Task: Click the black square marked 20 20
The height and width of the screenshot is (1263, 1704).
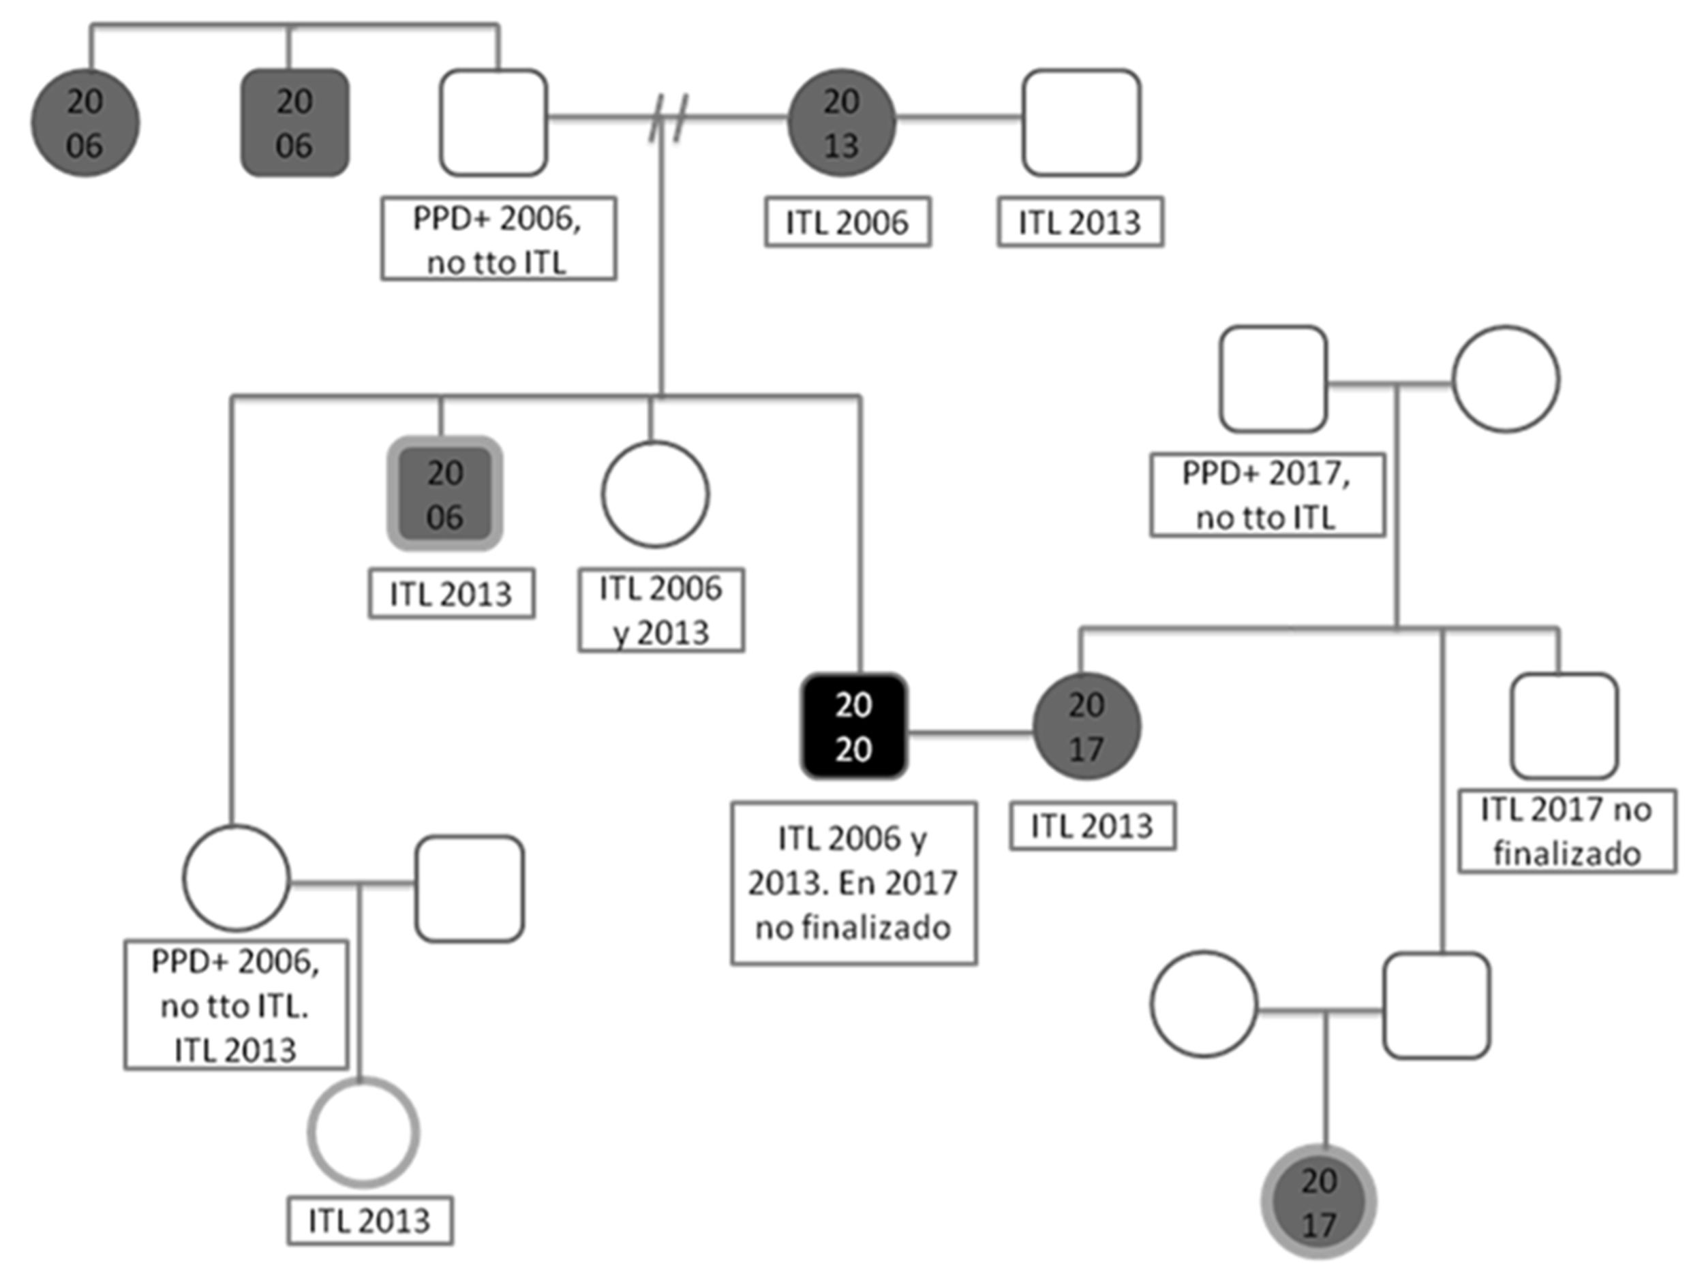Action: pyautogui.click(x=853, y=726)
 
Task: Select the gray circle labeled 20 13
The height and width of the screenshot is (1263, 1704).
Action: pyautogui.click(x=841, y=123)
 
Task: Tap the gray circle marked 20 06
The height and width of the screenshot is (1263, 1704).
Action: pyautogui.click(x=85, y=123)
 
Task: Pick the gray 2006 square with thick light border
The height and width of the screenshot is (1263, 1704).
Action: pyautogui.click(x=445, y=495)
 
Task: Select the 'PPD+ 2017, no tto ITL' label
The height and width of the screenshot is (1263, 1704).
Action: pyautogui.click(x=1266, y=495)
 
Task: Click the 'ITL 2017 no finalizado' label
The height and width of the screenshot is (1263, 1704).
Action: pyautogui.click(x=1566, y=831)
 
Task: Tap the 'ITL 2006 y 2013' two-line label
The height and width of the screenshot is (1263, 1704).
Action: pyautogui.click(x=660, y=610)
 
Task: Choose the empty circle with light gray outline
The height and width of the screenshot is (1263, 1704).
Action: pyautogui.click(x=364, y=1132)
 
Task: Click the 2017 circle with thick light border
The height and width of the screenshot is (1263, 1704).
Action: pyautogui.click(x=1318, y=1202)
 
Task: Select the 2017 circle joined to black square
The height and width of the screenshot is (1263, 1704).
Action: pyautogui.click(x=1086, y=726)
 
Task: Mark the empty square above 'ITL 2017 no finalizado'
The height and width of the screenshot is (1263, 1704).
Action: pyautogui.click(x=1564, y=726)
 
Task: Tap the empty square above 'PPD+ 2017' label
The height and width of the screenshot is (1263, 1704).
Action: pyautogui.click(x=1273, y=379)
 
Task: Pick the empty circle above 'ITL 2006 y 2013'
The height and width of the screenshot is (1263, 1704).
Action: pyautogui.click(x=656, y=495)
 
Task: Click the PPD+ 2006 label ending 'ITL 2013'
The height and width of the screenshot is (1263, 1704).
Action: pyautogui.click(x=236, y=1005)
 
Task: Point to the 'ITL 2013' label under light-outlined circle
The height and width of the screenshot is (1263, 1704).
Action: pyautogui.click(x=370, y=1221)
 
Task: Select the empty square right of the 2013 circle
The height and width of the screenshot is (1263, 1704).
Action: pyautogui.click(x=1082, y=123)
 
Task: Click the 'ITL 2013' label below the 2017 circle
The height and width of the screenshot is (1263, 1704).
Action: pyautogui.click(x=1092, y=826)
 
